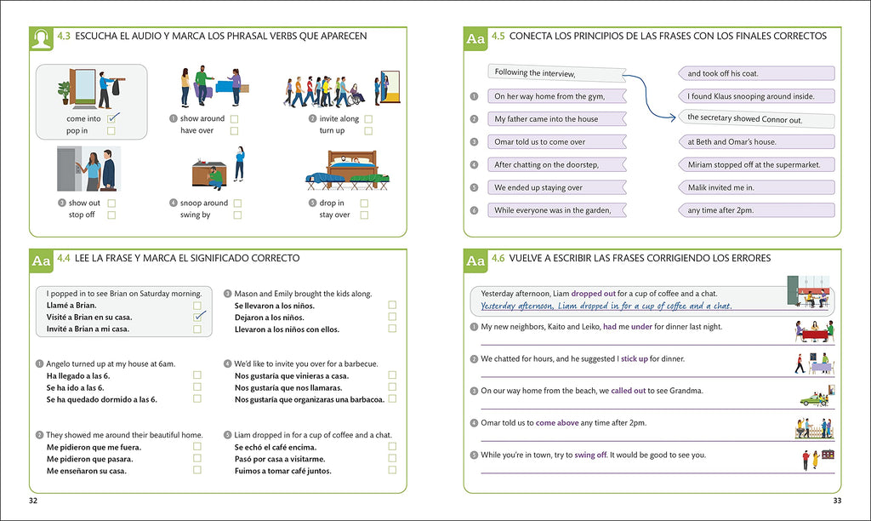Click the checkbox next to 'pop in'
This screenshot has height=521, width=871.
point(111,131)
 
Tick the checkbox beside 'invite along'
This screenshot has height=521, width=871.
point(368,119)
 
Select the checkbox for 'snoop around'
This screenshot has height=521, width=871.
point(237,203)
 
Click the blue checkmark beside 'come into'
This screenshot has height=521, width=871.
point(112,118)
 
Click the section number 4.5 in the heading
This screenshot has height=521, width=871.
point(498,37)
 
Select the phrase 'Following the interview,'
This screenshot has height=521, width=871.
point(555,73)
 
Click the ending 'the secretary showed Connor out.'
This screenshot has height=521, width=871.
point(755,119)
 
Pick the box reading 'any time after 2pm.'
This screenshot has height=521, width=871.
point(755,210)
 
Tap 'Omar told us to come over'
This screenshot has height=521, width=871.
point(555,142)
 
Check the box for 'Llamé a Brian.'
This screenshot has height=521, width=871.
point(197,305)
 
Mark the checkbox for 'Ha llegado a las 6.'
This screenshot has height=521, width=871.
point(197,375)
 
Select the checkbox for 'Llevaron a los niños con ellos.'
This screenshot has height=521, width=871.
point(392,329)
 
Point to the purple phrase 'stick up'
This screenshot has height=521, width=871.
point(634,359)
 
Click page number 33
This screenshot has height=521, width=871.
point(837,501)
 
